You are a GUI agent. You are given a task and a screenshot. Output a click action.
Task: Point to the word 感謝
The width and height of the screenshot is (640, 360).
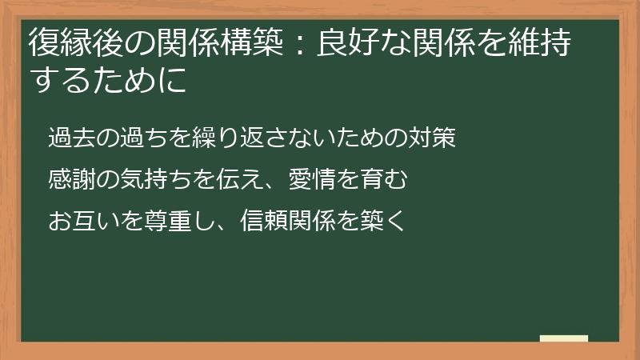point(69,178)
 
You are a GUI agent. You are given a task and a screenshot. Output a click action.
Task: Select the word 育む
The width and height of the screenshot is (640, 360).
point(390,178)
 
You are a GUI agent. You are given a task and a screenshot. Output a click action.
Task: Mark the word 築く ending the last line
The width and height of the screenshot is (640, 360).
point(389,219)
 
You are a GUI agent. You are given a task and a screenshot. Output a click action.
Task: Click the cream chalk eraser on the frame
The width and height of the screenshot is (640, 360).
point(564,339)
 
